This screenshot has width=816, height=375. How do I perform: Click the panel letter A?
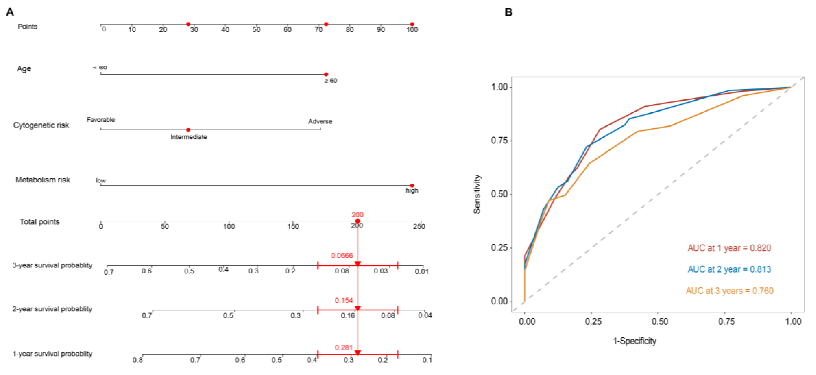click(10, 12)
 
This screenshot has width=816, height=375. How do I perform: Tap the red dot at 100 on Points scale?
click(412, 24)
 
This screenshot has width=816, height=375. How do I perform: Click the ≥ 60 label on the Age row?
click(330, 81)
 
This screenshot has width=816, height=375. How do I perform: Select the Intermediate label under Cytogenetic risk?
click(189, 137)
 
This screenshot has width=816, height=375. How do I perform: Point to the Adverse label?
click(320, 122)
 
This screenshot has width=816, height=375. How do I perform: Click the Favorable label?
click(101, 120)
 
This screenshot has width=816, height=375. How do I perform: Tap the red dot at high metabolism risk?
click(412, 185)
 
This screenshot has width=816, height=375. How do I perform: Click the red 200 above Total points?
click(357, 215)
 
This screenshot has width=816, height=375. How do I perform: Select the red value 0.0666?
click(342, 255)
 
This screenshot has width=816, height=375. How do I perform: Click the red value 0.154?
click(343, 300)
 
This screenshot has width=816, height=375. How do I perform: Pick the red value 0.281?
click(343, 347)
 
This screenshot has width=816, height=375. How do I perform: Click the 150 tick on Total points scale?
click(293, 226)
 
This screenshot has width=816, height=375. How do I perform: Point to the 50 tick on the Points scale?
click(256, 30)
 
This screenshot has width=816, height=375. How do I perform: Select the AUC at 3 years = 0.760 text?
click(729, 291)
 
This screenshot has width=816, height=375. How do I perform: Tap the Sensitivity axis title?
click(477, 194)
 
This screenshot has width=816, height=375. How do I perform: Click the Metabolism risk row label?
click(43, 180)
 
